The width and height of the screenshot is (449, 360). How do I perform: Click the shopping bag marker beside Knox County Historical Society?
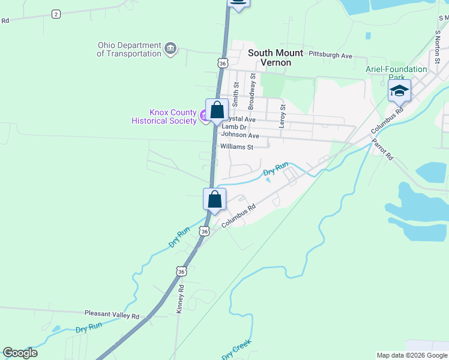click(217, 110)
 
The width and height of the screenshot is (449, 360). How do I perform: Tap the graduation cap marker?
click(399, 91)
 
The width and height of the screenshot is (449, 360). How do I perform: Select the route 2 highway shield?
click(56, 14)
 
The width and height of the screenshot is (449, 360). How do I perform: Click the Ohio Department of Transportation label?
click(129, 49)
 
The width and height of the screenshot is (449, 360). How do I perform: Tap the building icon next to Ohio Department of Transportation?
click(170, 48)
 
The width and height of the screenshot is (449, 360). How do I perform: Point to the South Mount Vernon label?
click(270, 58)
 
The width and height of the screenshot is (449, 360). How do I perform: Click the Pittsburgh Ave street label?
click(330, 55)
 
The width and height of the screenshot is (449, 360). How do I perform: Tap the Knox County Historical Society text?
click(164, 116)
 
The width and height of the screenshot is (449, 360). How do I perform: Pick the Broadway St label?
click(253, 86)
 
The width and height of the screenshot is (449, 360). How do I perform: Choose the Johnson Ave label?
click(240, 135)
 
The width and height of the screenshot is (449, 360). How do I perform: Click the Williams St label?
click(237, 146)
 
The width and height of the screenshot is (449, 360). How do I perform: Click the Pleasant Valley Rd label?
click(112, 315)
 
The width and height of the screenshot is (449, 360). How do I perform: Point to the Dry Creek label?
click(237, 350)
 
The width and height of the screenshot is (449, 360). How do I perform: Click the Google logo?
click(20, 353)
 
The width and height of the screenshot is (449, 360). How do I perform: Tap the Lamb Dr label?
click(234, 127)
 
